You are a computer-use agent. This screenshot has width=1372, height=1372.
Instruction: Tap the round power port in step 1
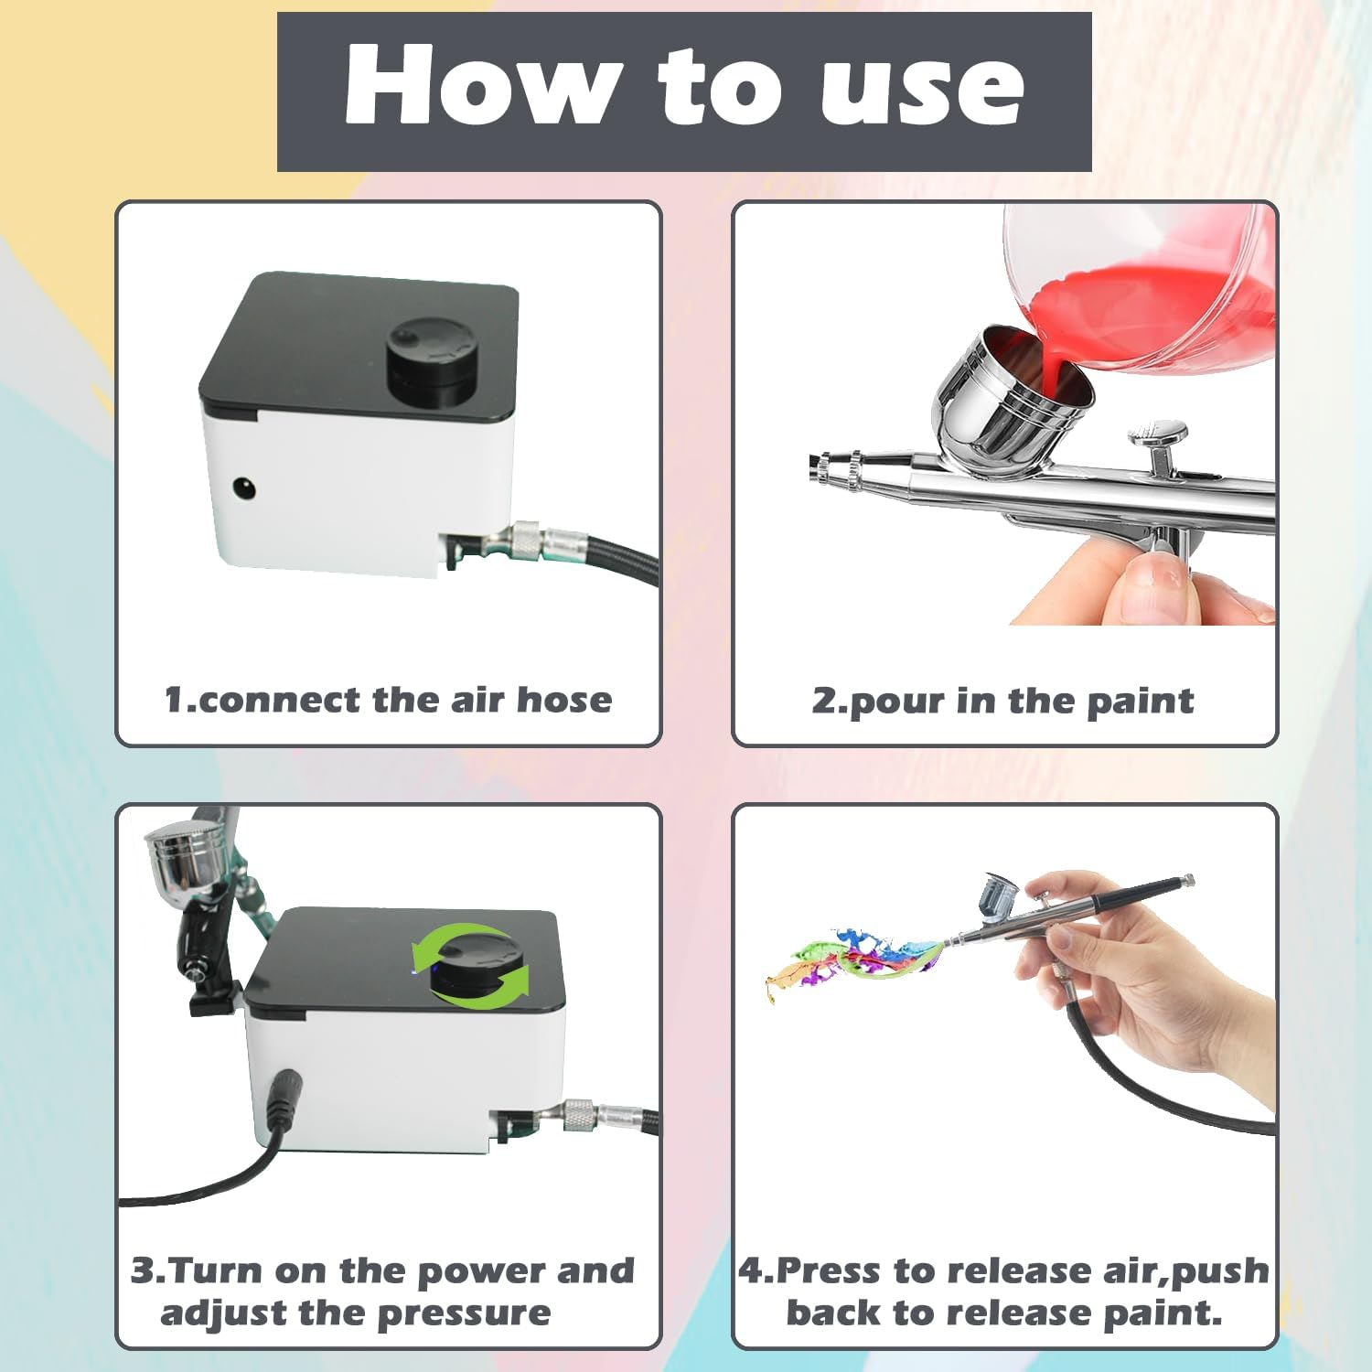click(243, 488)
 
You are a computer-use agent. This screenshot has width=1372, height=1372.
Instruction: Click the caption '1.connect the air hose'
click(388, 700)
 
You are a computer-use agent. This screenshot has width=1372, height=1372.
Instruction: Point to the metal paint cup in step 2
click(1011, 402)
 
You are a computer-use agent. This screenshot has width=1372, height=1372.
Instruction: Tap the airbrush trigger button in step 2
click(1158, 433)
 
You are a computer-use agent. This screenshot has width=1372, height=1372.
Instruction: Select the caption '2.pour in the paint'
click(1002, 701)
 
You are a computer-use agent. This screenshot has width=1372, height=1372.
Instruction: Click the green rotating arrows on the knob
click(471, 966)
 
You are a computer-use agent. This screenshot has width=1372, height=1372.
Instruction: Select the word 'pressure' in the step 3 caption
click(464, 1313)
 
